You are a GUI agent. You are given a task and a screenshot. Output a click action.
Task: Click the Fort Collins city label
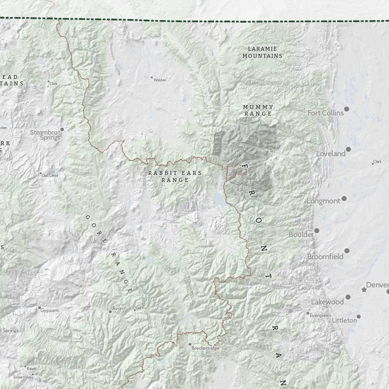325,113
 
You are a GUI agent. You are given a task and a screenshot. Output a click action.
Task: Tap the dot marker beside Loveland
348,149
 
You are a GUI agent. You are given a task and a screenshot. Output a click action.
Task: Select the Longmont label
323,201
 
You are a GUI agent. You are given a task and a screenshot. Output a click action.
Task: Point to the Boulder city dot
317,231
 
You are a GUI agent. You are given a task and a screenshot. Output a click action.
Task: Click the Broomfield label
325,257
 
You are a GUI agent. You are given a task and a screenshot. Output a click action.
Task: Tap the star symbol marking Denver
364,290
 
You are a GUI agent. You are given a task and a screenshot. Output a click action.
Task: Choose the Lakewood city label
327,301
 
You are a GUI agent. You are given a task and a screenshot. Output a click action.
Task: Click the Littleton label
344,320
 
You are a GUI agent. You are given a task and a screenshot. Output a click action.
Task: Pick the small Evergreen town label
320,315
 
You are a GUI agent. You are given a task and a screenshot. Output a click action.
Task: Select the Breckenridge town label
206,348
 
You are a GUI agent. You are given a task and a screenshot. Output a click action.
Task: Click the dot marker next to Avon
110,312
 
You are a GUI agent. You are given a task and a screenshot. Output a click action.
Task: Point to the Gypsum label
50,310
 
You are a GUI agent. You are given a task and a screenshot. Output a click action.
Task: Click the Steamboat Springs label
45,135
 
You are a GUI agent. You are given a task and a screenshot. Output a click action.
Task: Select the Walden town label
160,80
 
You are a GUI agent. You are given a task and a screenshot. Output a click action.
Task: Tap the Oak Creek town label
50,175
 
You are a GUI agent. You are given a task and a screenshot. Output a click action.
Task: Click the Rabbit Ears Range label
175,176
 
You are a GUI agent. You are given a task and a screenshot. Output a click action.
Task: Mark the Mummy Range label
258,110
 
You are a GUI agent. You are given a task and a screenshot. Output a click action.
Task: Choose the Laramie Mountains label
262,52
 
